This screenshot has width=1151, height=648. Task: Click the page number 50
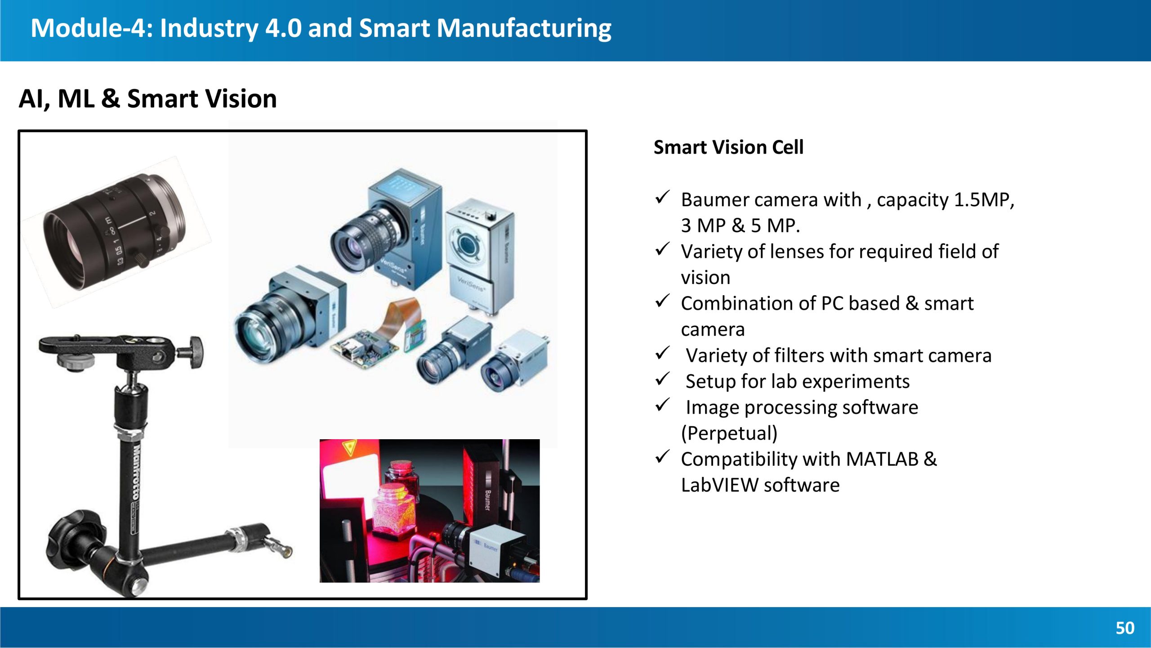1125,628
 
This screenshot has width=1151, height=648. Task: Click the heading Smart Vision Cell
728,147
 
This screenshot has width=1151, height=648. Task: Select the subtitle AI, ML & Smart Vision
147,99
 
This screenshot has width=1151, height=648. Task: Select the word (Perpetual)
729,433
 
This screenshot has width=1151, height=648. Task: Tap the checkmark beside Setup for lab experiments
663,379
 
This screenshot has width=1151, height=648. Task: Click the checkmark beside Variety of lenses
663,249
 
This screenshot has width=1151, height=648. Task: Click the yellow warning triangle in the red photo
349,447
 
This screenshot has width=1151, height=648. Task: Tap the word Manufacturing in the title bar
524,28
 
